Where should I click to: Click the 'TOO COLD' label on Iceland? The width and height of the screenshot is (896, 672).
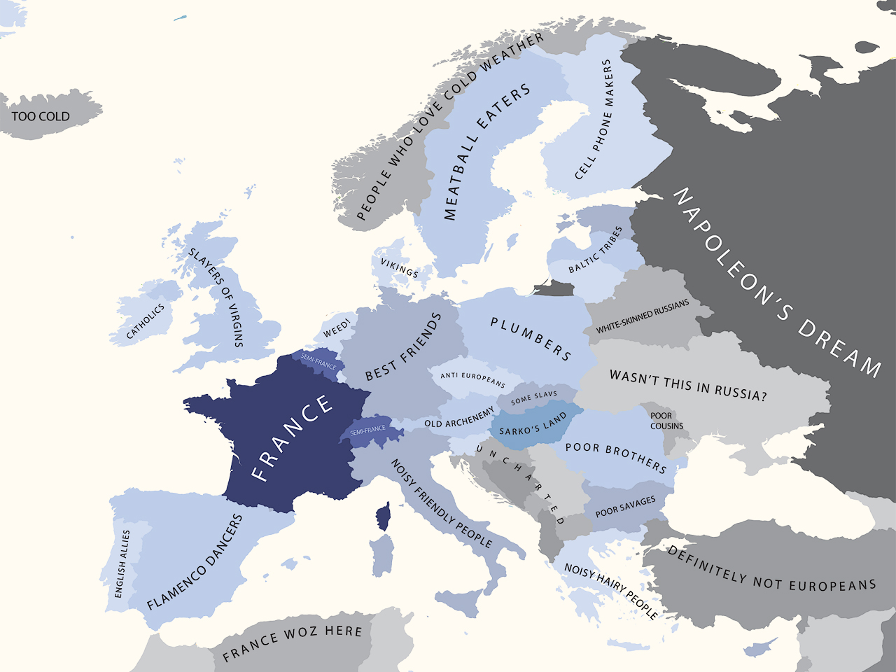pos(41,116)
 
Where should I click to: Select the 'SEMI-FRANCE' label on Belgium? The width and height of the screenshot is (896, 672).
pos(318,361)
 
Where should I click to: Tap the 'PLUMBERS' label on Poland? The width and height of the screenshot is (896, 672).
pos(530,338)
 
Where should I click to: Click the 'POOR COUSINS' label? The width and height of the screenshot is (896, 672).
pos(666,421)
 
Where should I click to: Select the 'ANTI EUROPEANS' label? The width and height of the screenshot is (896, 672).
pos(472,379)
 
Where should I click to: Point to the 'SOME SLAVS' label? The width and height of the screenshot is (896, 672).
pos(534,398)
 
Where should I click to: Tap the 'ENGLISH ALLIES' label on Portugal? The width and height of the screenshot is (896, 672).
pos(122,563)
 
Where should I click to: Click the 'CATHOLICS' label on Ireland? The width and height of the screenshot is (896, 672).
pos(145,321)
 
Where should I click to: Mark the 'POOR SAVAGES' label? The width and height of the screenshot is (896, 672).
pos(625,507)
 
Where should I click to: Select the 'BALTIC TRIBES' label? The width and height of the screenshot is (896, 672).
pos(595,251)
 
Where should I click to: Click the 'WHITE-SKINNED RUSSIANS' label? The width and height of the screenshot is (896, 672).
pos(642,316)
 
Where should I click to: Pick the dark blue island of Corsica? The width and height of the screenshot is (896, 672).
pos(383,517)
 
